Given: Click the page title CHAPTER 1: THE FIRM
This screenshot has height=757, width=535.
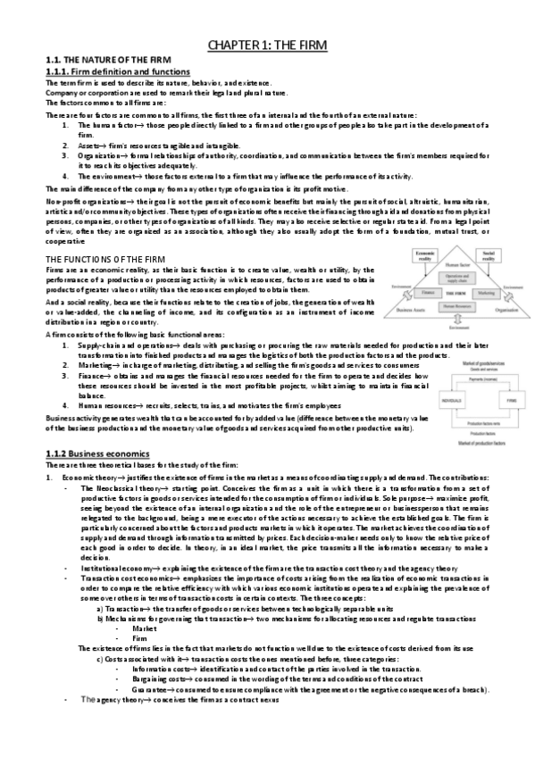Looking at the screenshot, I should (268, 43).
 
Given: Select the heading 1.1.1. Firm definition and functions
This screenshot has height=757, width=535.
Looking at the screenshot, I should (112, 71).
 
